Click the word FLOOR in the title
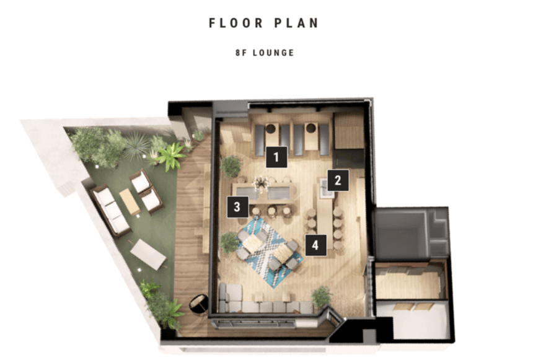tap(236, 23)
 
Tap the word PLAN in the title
tap(296, 23)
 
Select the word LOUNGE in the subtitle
tap(273, 53)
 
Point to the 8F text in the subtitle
tap(240, 53)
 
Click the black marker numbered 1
tap(276, 157)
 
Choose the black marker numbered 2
tap(338, 180)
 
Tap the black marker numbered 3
tap(237, 207)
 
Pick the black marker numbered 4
tap(315, 245)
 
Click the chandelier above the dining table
tap(261, 183)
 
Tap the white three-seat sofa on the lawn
tap(110, 211)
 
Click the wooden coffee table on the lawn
tap(130, 202)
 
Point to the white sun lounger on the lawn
tap(148, 254)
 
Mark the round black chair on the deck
tap(199, 304)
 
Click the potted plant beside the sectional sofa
tap(321, 297)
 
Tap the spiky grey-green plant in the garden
tap(138, 146)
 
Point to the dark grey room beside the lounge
tap(400, 235)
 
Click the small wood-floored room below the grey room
tap(411, 281)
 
